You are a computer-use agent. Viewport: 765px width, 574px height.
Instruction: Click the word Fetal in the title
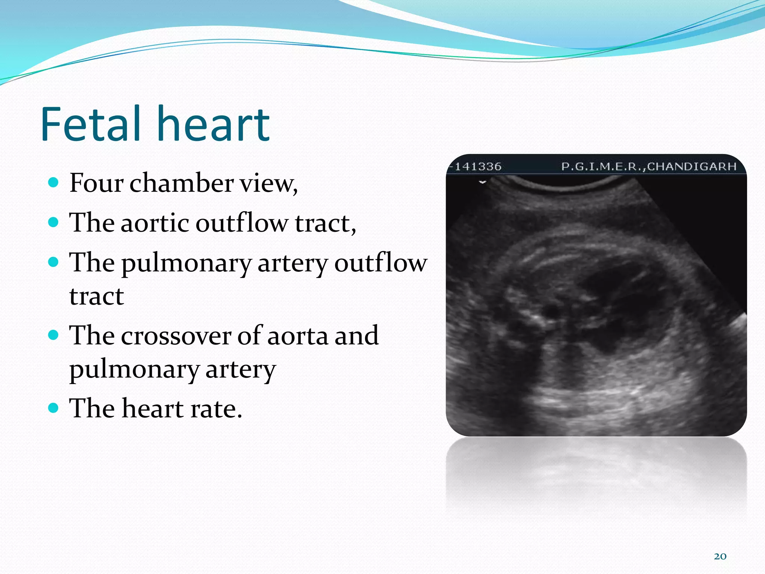92,124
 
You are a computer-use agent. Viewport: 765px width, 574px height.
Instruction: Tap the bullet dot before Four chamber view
54,182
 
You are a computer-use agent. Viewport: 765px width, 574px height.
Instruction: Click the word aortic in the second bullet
155,223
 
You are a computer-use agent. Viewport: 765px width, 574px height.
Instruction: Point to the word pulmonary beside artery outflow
187,263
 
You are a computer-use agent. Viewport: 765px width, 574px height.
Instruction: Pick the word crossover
176,336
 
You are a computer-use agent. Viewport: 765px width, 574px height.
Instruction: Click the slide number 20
720,556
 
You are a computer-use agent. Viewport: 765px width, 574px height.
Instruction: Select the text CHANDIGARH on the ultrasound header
691,166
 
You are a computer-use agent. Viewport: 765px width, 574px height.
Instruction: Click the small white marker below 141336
483,182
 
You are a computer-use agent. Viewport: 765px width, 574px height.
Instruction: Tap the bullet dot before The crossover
54,334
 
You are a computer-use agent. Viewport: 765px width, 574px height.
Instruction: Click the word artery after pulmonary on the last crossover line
241,370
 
